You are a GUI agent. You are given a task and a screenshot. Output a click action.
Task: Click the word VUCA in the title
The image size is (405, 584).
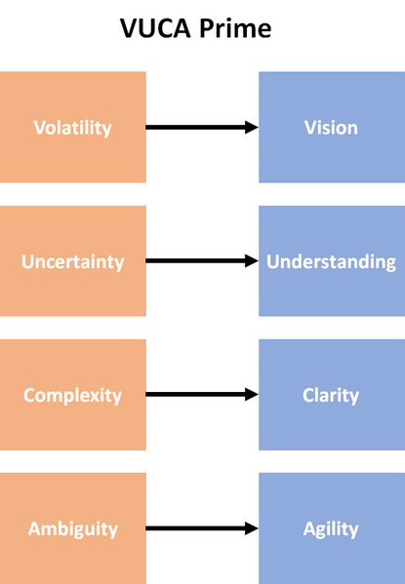(x=155, y=28)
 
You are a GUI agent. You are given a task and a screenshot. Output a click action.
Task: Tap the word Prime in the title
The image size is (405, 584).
(x=235, y=28)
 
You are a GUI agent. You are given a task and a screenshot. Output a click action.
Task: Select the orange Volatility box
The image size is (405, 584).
(x=73, y=127)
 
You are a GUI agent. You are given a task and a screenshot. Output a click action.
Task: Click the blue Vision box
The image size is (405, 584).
(x=332, y=127)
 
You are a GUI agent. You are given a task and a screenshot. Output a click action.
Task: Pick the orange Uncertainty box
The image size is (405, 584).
(x=73, y=260)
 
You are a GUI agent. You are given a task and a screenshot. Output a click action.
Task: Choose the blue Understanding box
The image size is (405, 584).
(x=332, y=260)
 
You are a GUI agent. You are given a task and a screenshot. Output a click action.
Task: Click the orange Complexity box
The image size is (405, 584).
(x=73, y=395)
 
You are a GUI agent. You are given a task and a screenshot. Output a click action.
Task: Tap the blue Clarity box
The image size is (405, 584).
(x=332, y=395)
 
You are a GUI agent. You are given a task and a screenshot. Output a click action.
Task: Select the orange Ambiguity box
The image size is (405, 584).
(x=73, y=528)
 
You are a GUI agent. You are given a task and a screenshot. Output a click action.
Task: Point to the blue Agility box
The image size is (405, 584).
(x=332, y=528)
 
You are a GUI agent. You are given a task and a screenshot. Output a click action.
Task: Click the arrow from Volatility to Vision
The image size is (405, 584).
(x=202, y=127)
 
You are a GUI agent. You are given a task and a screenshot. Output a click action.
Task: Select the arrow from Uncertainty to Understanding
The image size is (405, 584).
(x=202, y=260)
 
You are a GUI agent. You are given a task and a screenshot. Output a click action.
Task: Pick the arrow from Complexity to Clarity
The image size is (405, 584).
(x=202, y=395)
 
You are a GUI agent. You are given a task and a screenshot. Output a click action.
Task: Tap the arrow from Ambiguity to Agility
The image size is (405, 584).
(x=202, y=528)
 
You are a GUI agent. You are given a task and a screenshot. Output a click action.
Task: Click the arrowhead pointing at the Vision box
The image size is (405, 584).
(x=252, y=127)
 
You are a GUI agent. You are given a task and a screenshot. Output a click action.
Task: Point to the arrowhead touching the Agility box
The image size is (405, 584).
(x=252, y=528)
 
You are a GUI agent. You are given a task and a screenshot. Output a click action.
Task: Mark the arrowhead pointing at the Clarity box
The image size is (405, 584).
(x=252, y=395)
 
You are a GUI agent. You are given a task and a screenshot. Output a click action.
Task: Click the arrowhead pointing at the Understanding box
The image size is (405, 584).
(x=252, y=260)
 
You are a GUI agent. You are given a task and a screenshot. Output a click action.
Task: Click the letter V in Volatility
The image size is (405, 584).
(x=39, y=128)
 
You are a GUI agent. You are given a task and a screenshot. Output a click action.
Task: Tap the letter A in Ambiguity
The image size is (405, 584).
(x=34, y=528)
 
